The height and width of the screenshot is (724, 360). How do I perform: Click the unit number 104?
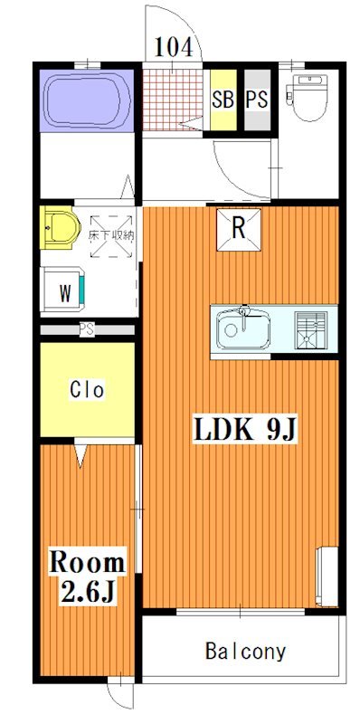pos(173,47)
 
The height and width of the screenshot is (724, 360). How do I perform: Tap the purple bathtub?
pos(86,100)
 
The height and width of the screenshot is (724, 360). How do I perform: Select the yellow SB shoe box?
pos(223,100)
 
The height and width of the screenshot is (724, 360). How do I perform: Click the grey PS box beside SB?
pos(257,100)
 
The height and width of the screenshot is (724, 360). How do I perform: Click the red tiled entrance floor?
pos(172,100)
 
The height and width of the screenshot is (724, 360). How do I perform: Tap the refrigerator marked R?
pos(239,230)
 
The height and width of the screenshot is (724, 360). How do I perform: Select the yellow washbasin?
pos(60,227)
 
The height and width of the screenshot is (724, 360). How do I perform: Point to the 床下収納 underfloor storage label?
pos(111,235)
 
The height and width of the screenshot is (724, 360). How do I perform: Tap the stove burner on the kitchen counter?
pos(311,329)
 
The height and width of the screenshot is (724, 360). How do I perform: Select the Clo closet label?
pos(87,390)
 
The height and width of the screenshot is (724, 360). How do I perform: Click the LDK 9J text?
pos(244,431)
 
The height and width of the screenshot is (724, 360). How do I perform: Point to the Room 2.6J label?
pos(87,576)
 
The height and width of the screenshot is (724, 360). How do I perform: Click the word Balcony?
pos(245,652)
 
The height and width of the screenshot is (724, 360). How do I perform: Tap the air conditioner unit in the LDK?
pos(327,576)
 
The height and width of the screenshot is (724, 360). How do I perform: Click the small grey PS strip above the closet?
pos(87,330)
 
